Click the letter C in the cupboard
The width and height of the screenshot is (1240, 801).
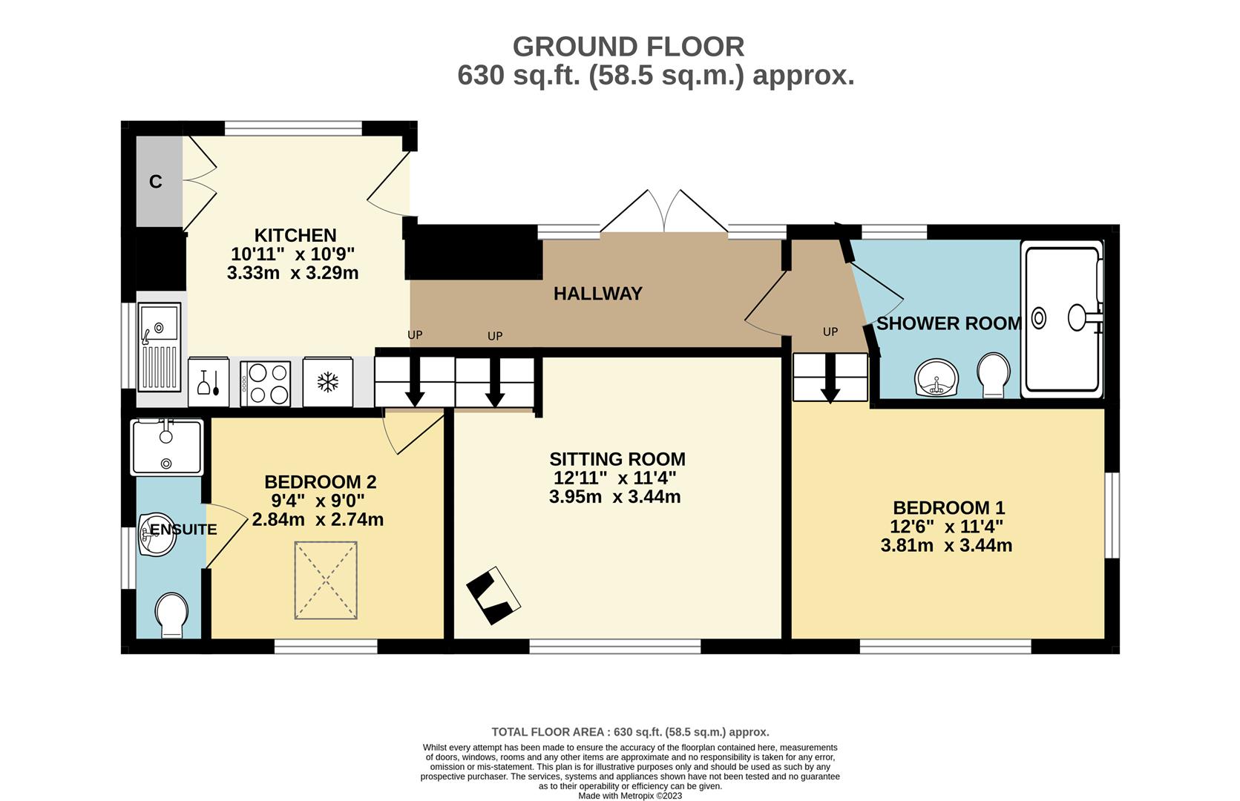(156, 182)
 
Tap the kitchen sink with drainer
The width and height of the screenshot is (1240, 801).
(160, 347)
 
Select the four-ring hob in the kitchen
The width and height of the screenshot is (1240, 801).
(265, 384)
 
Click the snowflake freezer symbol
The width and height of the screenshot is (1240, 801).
(328, 382)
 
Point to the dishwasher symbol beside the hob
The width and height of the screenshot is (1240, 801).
(209, 382)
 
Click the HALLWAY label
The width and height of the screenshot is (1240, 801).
(598, 294)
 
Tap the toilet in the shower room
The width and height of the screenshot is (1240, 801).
(994, 375)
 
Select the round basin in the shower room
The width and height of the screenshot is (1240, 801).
(936, 378)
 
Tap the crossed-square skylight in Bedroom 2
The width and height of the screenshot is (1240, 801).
(326, 580)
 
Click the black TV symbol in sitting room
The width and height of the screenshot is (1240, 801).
(493, 596)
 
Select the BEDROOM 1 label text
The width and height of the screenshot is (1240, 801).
(949, 508)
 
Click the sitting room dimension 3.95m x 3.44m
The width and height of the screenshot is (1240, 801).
(614, 497)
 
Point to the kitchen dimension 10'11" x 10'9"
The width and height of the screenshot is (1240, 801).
(293, 254)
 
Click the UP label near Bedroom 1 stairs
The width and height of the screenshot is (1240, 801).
(830, 332)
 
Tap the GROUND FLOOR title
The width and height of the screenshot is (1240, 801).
(629, 47)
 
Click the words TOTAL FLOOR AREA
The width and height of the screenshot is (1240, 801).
(548, 732)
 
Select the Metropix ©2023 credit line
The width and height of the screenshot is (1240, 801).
(630, 796)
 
